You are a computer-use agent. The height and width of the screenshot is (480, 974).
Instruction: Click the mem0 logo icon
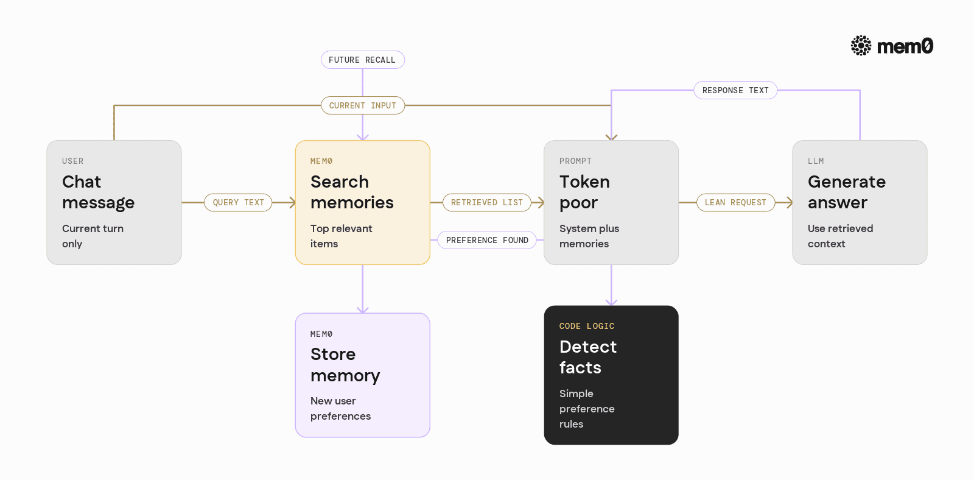861,46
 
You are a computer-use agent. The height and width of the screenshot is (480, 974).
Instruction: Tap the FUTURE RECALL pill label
363,60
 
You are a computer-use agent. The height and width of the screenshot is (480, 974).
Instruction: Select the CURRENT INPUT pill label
363,105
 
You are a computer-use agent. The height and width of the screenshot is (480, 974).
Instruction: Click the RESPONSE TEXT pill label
735,90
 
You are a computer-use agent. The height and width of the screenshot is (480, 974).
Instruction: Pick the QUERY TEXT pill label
238,202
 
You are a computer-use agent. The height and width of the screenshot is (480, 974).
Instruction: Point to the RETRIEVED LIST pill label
486,202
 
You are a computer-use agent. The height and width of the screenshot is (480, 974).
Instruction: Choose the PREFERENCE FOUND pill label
487,240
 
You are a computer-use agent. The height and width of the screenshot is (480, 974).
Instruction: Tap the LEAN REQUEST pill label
735,202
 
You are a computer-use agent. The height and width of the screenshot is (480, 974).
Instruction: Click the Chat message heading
98,192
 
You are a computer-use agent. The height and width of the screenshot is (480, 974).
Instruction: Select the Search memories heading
352,192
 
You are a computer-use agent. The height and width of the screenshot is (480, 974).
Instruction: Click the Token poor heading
584,192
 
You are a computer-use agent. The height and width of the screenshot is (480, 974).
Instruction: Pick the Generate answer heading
847,192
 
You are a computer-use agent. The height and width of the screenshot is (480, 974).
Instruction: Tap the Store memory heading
345,365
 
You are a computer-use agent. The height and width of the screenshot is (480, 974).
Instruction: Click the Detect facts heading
588,357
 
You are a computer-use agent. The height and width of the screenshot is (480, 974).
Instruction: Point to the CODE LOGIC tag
587,326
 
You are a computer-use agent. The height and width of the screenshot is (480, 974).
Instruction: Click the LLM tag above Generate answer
816,161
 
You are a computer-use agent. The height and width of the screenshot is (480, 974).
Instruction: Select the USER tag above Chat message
72,161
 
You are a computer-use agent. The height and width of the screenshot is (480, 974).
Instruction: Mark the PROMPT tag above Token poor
575,161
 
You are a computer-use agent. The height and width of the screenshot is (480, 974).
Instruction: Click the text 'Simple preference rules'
587,409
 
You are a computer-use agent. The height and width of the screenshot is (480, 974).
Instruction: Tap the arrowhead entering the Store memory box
363,309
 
